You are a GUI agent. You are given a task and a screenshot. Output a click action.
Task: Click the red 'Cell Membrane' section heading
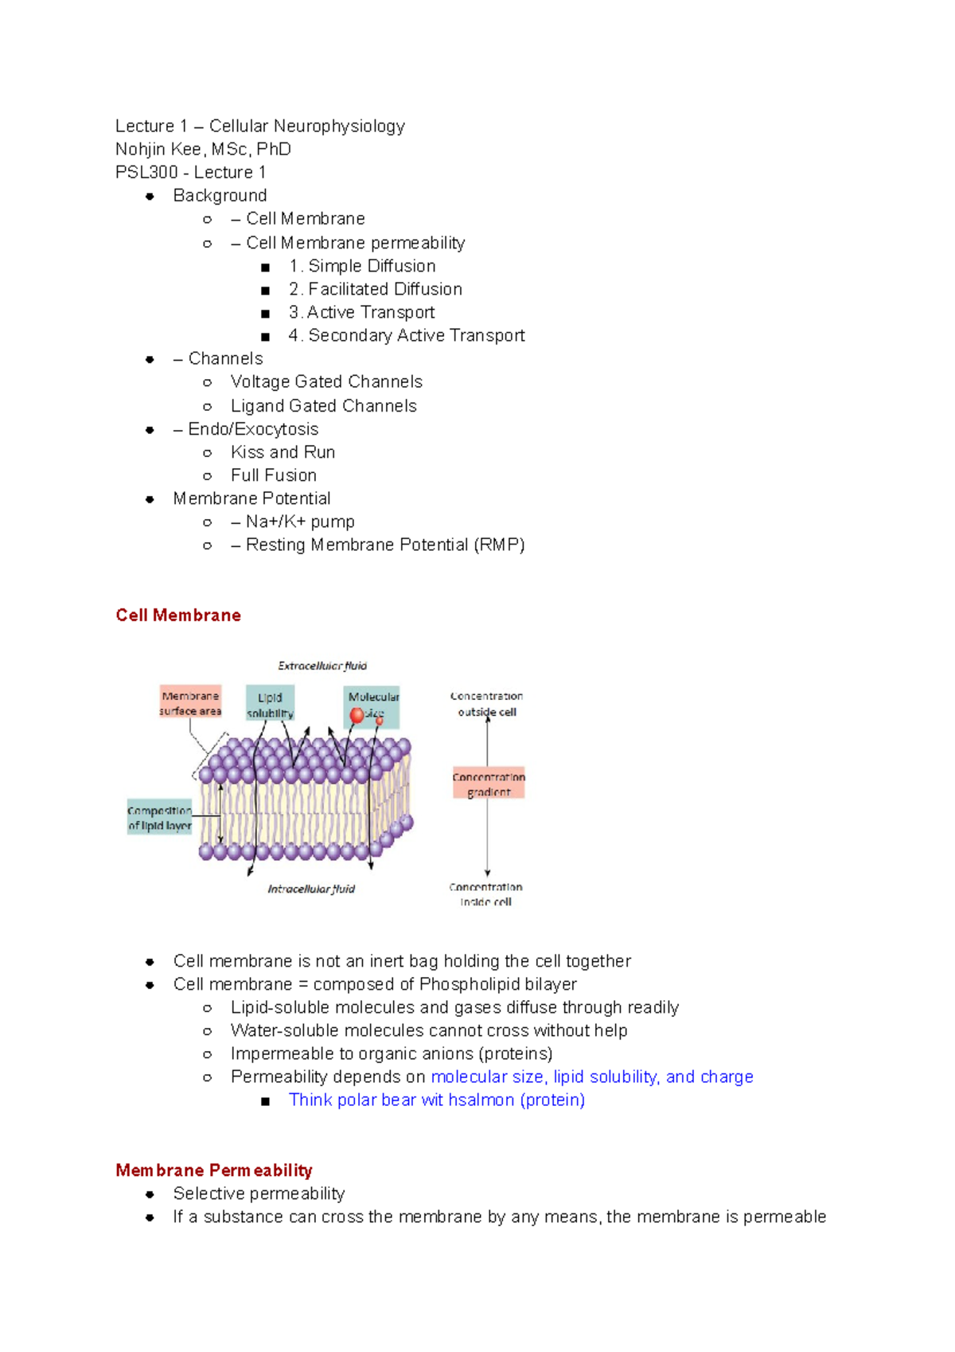click(178, 615)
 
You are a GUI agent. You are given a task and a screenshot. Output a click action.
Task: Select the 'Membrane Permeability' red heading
click(213, 1170)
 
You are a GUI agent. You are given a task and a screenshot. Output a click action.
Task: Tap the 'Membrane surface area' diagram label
click(190, 703)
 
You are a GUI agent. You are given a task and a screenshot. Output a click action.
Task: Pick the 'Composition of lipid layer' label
click(159, 819)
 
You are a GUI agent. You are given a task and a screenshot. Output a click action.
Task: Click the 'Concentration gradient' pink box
click(489, 784)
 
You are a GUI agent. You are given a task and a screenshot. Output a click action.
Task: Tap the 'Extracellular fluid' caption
click(322, 666)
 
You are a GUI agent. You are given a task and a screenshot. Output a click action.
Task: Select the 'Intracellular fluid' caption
click(311, 889)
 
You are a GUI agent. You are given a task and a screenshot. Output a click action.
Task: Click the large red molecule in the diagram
click(357, 715)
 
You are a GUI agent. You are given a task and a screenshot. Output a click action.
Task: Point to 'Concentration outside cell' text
click(487, 704)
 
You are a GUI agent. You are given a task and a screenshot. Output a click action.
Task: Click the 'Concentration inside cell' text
click(485, 894)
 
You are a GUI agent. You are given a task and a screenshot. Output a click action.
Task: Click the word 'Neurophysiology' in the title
click(339, 126)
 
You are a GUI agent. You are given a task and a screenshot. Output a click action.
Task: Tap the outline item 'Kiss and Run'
click(283, 452)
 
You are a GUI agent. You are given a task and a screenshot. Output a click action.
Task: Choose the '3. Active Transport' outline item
click(362, 312)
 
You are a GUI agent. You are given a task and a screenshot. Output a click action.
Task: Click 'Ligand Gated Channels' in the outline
click(323, 406)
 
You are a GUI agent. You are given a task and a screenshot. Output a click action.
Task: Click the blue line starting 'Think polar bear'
click(436, 1100)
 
